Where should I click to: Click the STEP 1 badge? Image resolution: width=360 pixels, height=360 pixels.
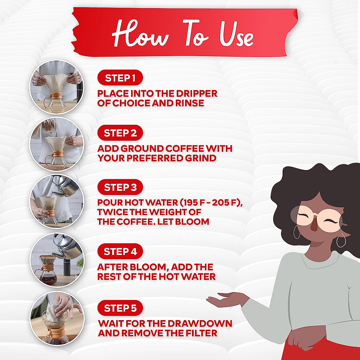point(120,78)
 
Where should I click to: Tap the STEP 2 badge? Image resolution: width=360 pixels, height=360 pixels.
point(120,133)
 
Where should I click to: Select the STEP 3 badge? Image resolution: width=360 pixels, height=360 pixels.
point(120,187)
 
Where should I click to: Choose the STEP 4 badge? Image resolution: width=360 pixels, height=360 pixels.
point(120,251)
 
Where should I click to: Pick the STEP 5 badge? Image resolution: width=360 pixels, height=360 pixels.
point(120,308)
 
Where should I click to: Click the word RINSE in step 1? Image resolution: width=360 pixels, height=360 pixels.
point(189,103)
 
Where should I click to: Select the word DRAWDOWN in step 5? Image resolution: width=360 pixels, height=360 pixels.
point(199,323)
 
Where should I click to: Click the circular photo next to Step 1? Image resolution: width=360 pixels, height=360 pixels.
point(57,87)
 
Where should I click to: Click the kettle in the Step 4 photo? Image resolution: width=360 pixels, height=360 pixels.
point(67,247)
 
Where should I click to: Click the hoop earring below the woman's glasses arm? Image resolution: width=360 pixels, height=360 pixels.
point(341,242)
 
